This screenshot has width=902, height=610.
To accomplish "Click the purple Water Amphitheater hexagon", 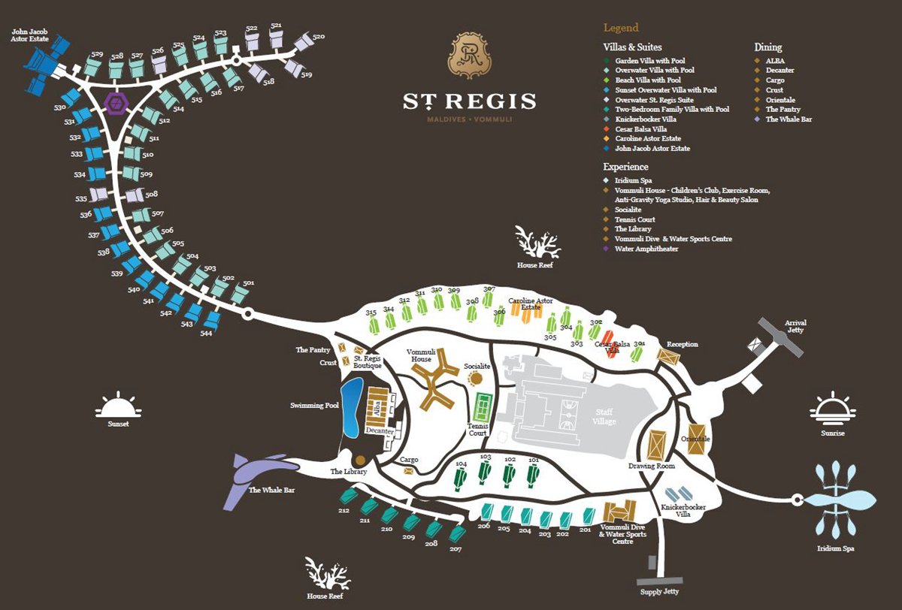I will pyautogui.click(x=117, y=102).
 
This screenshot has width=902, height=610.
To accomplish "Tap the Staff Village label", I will pyautogui.click(x=604, y=417).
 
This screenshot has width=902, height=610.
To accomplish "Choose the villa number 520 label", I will pyautogui.click(x=318, y=37).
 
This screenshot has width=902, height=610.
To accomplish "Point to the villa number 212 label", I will pyautogui.click(x=344, y=511).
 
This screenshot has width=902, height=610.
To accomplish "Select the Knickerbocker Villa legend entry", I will pyautogui.click(x=645, y=119).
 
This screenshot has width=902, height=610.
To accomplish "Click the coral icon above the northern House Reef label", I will pyautogui.click(x=537, y=242).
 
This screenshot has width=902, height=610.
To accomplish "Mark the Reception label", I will pyautogui.click(x=683, y=345).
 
